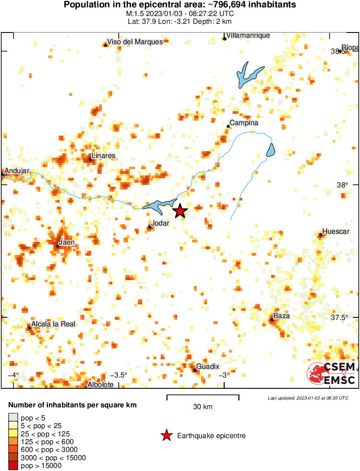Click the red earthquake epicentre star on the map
pyautogui.click(x=180, y=211)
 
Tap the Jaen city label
pyautogui.click(x=66, y=242)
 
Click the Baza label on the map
pyautogui.click(x=282, y=316)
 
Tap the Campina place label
pyautogui.click(x=243, y=123)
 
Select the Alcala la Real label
pyautogui.click(x=53, y=324)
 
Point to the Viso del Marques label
pyautogui.click(x=135, y=42)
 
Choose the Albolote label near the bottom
pyautogui.click(x=101, y=384)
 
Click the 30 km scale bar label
pyautogui.click(x=203, y=407)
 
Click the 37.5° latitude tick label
pyautogui.click(x=340, y=317)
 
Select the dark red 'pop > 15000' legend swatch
pyautogui.click(x=13, y=466)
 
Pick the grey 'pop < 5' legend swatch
pyautogui.click(x=13, y=418)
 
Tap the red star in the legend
pyautogui.click(x=166, y=436)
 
